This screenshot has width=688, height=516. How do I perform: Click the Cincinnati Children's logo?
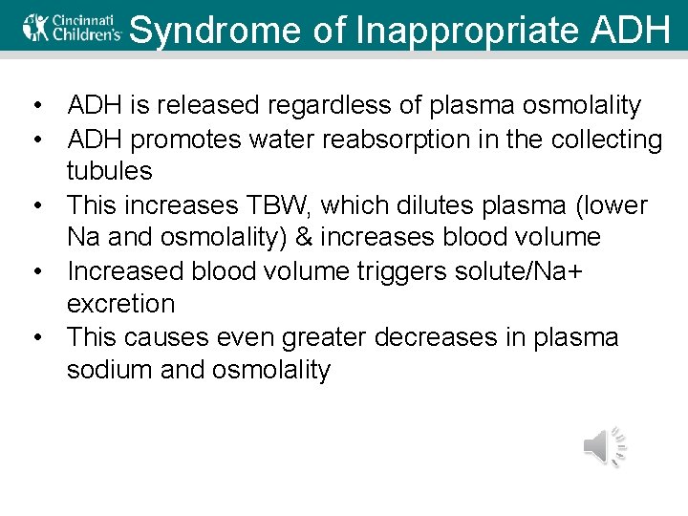click(x=72, y=28)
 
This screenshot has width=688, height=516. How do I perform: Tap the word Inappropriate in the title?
click(x=467, y=30)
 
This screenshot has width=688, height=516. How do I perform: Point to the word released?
click(x=208, y=106)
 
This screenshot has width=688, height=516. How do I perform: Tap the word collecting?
click(x=606, y=140)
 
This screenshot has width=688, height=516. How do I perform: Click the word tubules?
click(x=109, y=172)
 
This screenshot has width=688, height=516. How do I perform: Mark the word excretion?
click(x=120, y=305)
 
